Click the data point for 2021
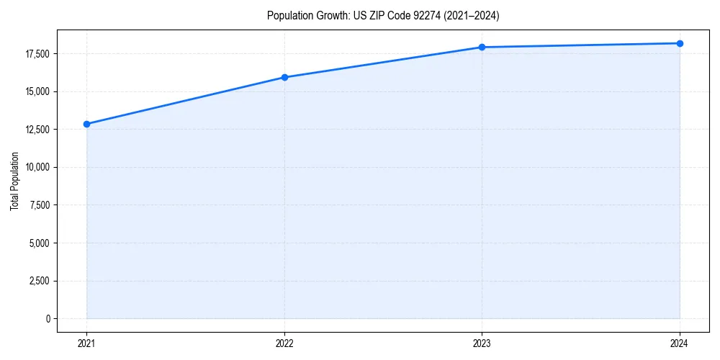[x=87, y=124]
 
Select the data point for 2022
[x=284, y=77]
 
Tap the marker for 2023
[x=482, y=47]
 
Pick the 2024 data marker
[x=680, y=43]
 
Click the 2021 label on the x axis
[x=87, y=343]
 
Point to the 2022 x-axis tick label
[x=284, y=343]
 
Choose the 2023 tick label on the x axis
[x=482, y=343]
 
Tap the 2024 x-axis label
[x=680, y=343]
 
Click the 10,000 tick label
[x=36, y=167]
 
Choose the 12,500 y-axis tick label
[x=36, y=130]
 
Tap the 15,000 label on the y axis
[x=36, y=91]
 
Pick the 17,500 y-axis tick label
[x=36, y=54]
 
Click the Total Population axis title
[x=14, y=181]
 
